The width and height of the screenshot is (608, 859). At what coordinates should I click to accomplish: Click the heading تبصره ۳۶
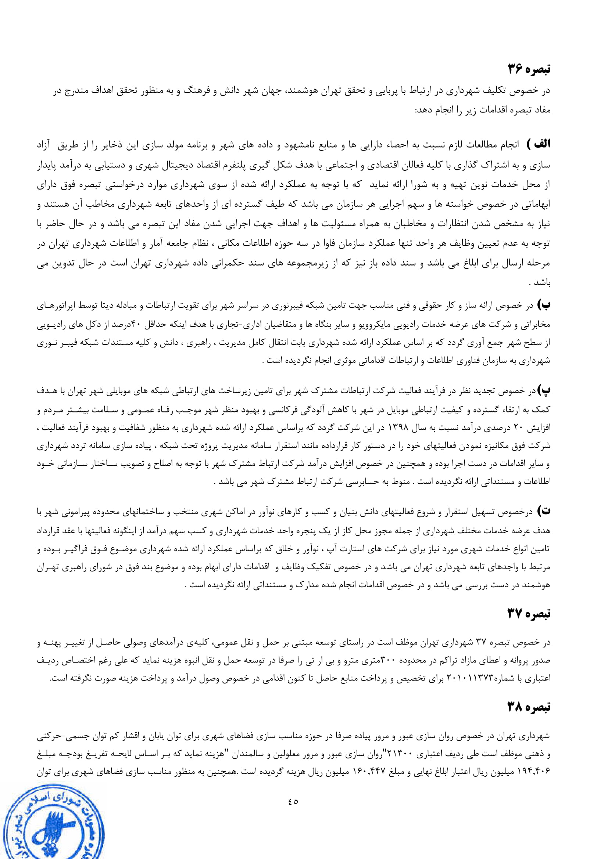529,69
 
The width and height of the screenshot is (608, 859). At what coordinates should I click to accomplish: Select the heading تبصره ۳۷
529,614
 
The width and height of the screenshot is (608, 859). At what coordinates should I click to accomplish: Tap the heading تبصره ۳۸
529,707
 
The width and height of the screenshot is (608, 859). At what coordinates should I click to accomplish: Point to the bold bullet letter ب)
544,305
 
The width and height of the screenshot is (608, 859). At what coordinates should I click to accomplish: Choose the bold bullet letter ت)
544,511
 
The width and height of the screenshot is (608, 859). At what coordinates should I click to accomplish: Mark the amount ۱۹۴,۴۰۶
536,772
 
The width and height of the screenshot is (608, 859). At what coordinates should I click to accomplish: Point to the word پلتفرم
241,165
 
